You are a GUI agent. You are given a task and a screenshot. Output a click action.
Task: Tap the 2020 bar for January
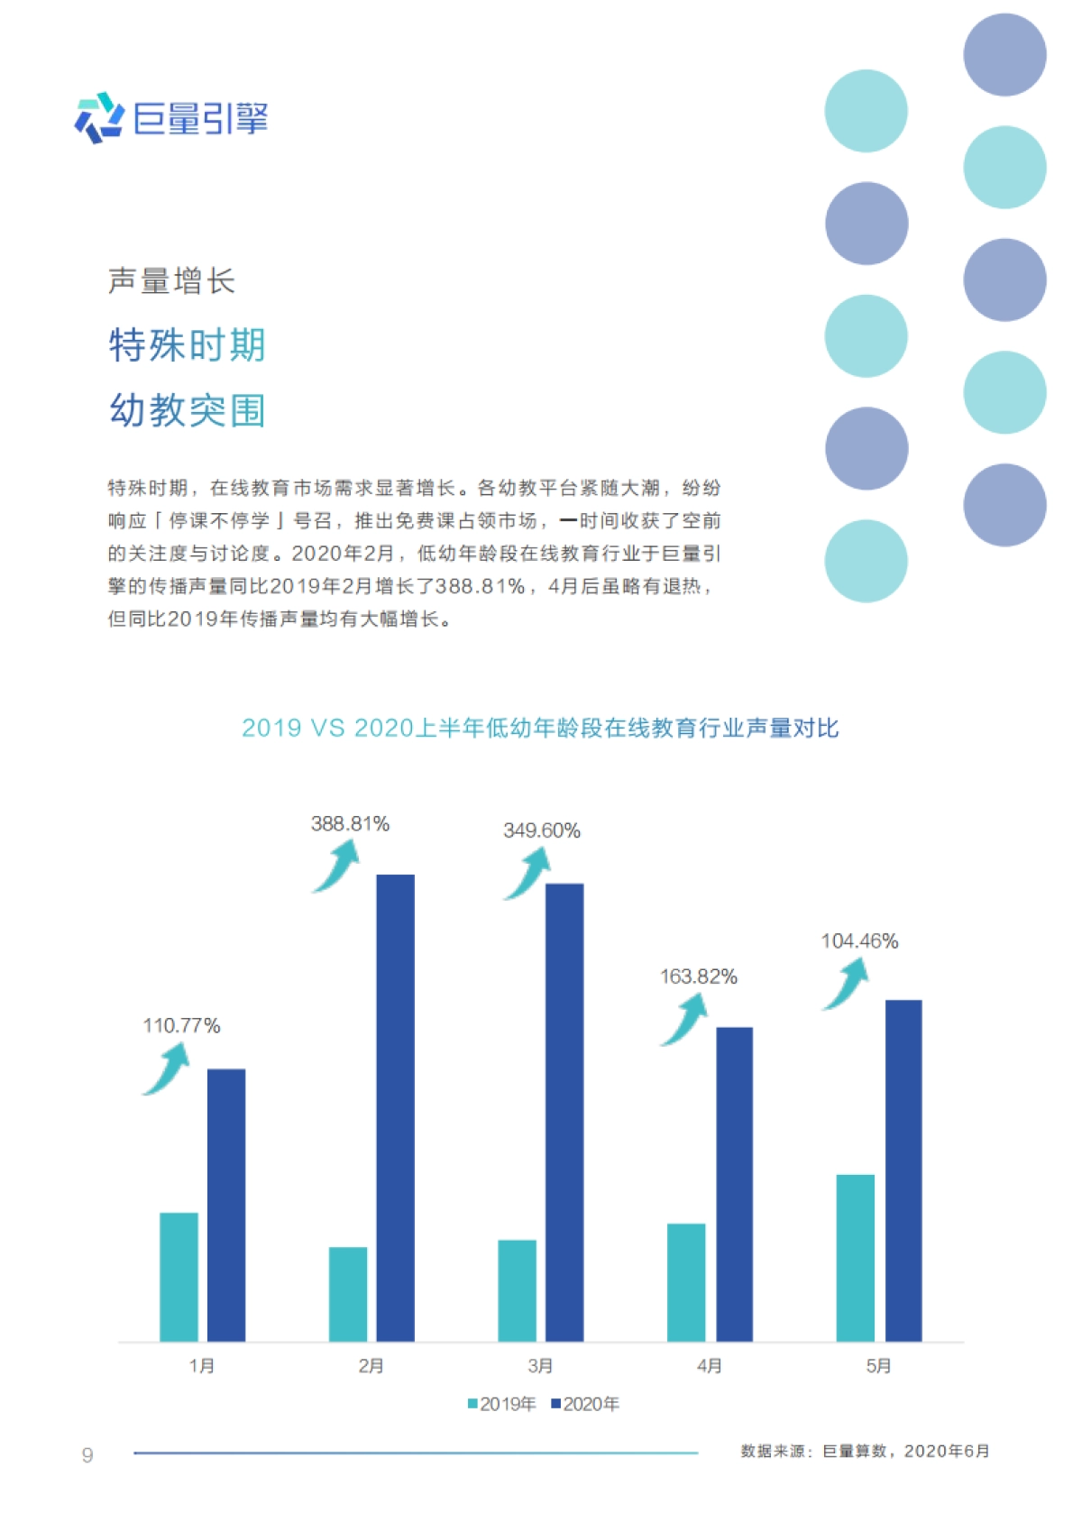(x=226, y=1205)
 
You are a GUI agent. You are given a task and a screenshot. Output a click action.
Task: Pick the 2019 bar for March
(x=517, y=1290)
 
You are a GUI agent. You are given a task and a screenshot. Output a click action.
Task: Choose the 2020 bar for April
(x=734, y=1184)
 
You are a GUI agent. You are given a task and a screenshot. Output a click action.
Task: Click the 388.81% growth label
(x=350, y=824)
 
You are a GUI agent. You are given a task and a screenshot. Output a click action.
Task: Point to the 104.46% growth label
(x=859, y=941)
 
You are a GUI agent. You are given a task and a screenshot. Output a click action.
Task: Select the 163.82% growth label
(x=699, y=976)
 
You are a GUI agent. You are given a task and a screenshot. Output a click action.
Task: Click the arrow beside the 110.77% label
(x=167, y=1068)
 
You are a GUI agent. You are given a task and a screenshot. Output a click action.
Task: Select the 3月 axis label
(x=540, y=1366)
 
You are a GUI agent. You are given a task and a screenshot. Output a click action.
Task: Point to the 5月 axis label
(x=878, y=1366)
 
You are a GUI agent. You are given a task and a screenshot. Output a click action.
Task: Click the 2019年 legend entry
(x=502, y=1404)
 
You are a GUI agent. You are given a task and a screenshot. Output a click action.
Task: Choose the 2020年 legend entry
(x=586, y=1404)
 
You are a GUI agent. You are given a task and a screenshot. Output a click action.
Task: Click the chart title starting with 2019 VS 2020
(x=540, y=728)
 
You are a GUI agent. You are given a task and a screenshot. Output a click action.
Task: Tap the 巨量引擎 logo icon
(x=98, y=118)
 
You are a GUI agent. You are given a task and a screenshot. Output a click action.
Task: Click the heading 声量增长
(x=171, y=281)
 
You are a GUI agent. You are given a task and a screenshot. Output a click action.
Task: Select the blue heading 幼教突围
(x=187, y=410)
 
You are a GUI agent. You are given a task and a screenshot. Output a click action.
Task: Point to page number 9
(x=87, y=1454)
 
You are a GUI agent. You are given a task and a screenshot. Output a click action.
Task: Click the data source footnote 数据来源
(x=865, y=1451)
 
